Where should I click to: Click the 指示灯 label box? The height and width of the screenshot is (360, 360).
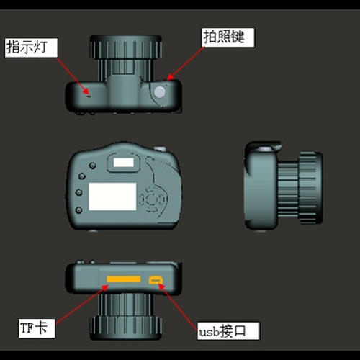31,48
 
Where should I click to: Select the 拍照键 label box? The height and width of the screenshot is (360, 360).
228,37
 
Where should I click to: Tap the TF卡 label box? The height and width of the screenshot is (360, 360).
37,328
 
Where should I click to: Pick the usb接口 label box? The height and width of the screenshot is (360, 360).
228,331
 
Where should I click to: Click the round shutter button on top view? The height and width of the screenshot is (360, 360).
160,92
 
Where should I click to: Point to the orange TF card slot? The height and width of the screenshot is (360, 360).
124,279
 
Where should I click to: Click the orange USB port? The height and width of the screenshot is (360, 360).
156,280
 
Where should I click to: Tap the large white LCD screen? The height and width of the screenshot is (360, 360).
112,197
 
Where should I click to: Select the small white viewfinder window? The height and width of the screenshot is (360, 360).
124,163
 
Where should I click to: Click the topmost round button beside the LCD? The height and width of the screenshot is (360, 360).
92,166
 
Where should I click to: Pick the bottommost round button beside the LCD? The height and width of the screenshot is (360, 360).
78,210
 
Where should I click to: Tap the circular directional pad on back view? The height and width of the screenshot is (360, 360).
153,199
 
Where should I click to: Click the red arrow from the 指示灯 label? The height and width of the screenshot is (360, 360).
73,76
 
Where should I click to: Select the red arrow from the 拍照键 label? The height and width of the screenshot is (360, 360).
186,63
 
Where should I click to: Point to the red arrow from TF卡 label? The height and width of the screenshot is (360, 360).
82,305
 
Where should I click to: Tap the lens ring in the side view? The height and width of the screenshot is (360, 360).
310,188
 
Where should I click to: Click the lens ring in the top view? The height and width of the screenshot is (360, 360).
126,48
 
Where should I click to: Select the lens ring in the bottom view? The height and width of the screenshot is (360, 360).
126,328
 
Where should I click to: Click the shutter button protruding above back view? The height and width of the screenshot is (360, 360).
160,149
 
